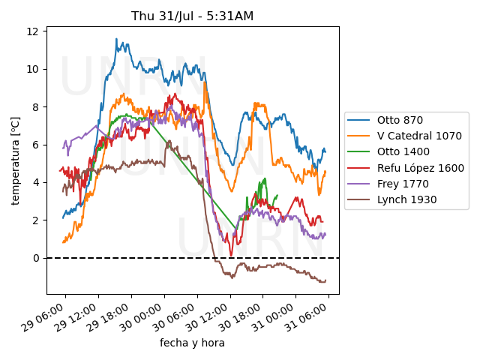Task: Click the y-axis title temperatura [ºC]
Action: tap(15, 160)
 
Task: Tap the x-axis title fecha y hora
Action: tap(192, 343)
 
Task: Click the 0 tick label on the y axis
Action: tap(36, 258)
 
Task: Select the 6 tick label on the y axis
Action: tap(36, 145)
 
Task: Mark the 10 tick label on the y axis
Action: tap(34, 69)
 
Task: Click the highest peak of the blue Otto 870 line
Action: tap(116, 39)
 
